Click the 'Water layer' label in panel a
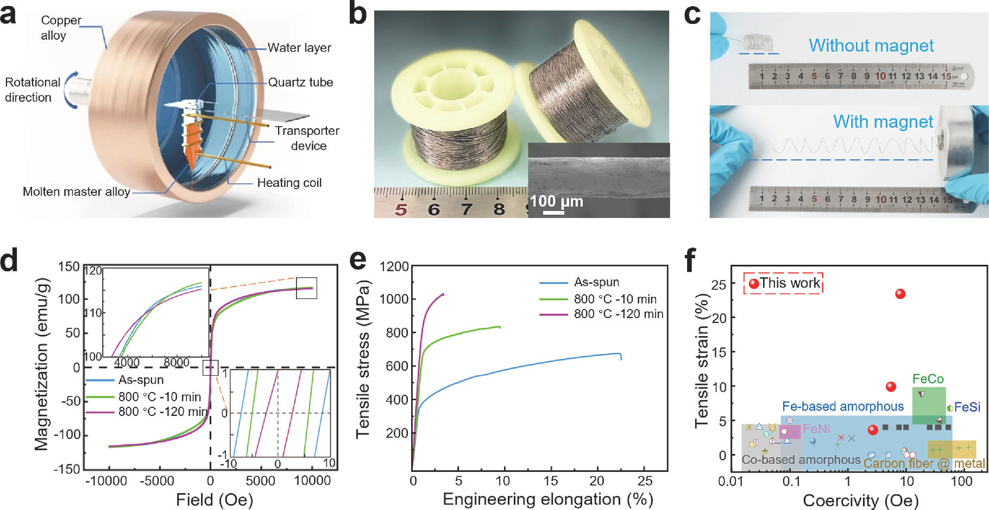[299, 48]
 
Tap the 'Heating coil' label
[289, 183]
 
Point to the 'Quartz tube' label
[300, 83]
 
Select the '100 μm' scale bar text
[556, 202]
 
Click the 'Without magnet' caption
[871, 46]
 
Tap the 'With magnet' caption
[883, 122]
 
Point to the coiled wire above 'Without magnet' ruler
[758, 42]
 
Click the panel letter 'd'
[9, 260]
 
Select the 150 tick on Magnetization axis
[69, 266]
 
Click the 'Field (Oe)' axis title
[215, 499]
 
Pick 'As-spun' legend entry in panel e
[596, 282]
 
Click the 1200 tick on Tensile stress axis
[394, 266]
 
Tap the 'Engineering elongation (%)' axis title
[547, 499]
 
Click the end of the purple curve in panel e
[443, 294]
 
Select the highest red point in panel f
[900, 294]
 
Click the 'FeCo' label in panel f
[928, 378]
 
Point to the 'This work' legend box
[783, 283]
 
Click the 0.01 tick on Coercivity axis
[730, 482]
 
